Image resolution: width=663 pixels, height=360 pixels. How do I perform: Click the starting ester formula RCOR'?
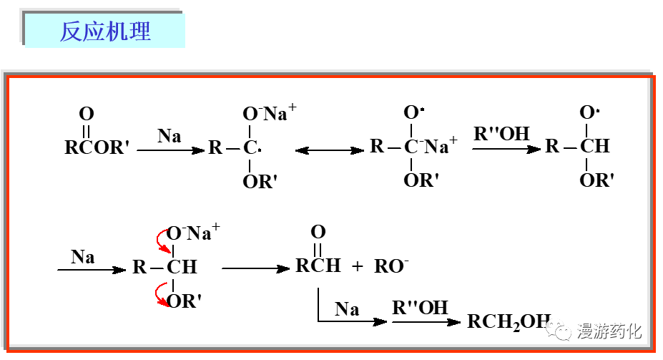click(97, 148)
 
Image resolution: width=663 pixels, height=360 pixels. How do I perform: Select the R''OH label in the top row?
click(501, 133)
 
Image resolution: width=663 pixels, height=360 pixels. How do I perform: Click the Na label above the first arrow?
click(170, 135)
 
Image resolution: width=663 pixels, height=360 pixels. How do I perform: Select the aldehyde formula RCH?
click(318, 266)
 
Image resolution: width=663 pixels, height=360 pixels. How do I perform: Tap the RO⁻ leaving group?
click(391, 267)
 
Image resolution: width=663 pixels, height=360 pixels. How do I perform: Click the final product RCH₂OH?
click(509, 321)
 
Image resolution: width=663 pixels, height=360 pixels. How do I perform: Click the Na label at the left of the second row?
click(83, 256)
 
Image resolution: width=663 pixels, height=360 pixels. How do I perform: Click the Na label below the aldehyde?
click(347, 309)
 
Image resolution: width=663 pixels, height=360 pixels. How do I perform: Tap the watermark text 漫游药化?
click(609, 331)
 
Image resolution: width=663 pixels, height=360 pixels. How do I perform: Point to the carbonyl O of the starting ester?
click(87, 114)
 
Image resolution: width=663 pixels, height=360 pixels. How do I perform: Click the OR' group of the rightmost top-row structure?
click(596, 180)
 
